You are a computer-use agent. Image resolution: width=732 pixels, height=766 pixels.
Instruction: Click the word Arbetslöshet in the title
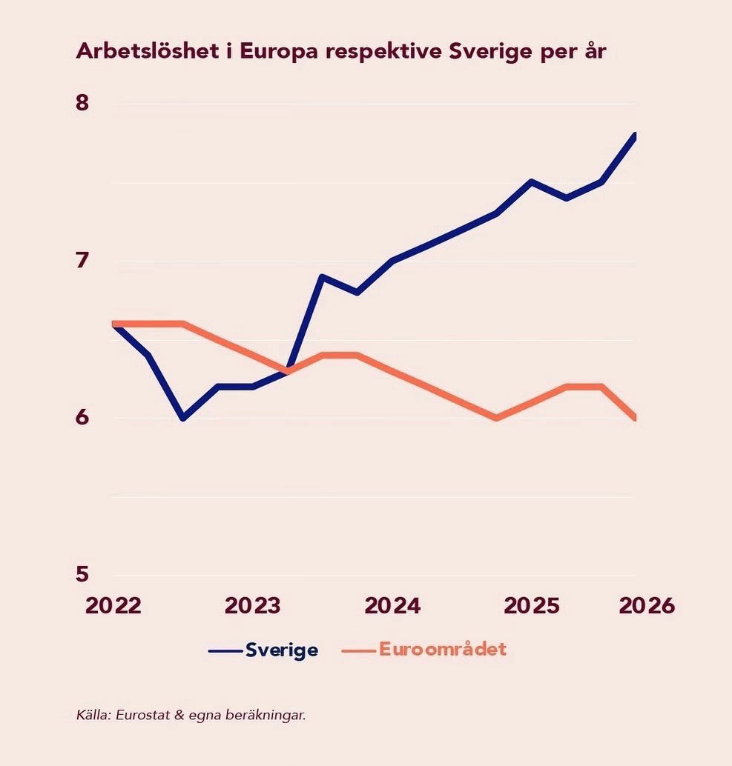[147, 51]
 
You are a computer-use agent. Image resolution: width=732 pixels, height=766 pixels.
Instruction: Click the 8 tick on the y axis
[82, 102]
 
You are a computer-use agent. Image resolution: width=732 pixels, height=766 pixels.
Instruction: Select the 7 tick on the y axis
[82, 260]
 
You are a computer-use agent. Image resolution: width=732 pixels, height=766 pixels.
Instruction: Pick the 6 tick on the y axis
[82, 417]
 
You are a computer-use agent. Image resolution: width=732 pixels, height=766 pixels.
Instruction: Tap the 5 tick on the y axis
[82, 573]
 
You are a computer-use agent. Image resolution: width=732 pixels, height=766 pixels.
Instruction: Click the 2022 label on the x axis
[113, 606]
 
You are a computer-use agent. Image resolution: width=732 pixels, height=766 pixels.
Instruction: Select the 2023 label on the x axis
[252, 606]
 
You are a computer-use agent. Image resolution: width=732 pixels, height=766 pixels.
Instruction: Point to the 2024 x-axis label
[392, 606]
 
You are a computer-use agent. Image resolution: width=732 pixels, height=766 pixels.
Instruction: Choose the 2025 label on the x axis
[532, 606]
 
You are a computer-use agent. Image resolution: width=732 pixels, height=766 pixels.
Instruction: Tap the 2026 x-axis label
[647, 606]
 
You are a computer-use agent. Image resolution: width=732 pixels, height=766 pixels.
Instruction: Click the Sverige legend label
[282, 650]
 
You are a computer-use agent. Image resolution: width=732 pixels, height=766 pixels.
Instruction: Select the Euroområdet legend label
[443, 649]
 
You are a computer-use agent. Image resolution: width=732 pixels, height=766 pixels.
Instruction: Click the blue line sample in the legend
[225, 651]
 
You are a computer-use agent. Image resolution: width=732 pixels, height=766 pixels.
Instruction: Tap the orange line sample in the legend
[359, 651]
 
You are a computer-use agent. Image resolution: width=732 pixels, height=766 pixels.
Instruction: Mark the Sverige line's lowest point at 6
[183, 418]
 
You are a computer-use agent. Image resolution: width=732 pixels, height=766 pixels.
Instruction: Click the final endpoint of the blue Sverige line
[635, 136]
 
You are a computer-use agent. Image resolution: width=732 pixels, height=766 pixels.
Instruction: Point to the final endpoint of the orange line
[635, 418]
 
